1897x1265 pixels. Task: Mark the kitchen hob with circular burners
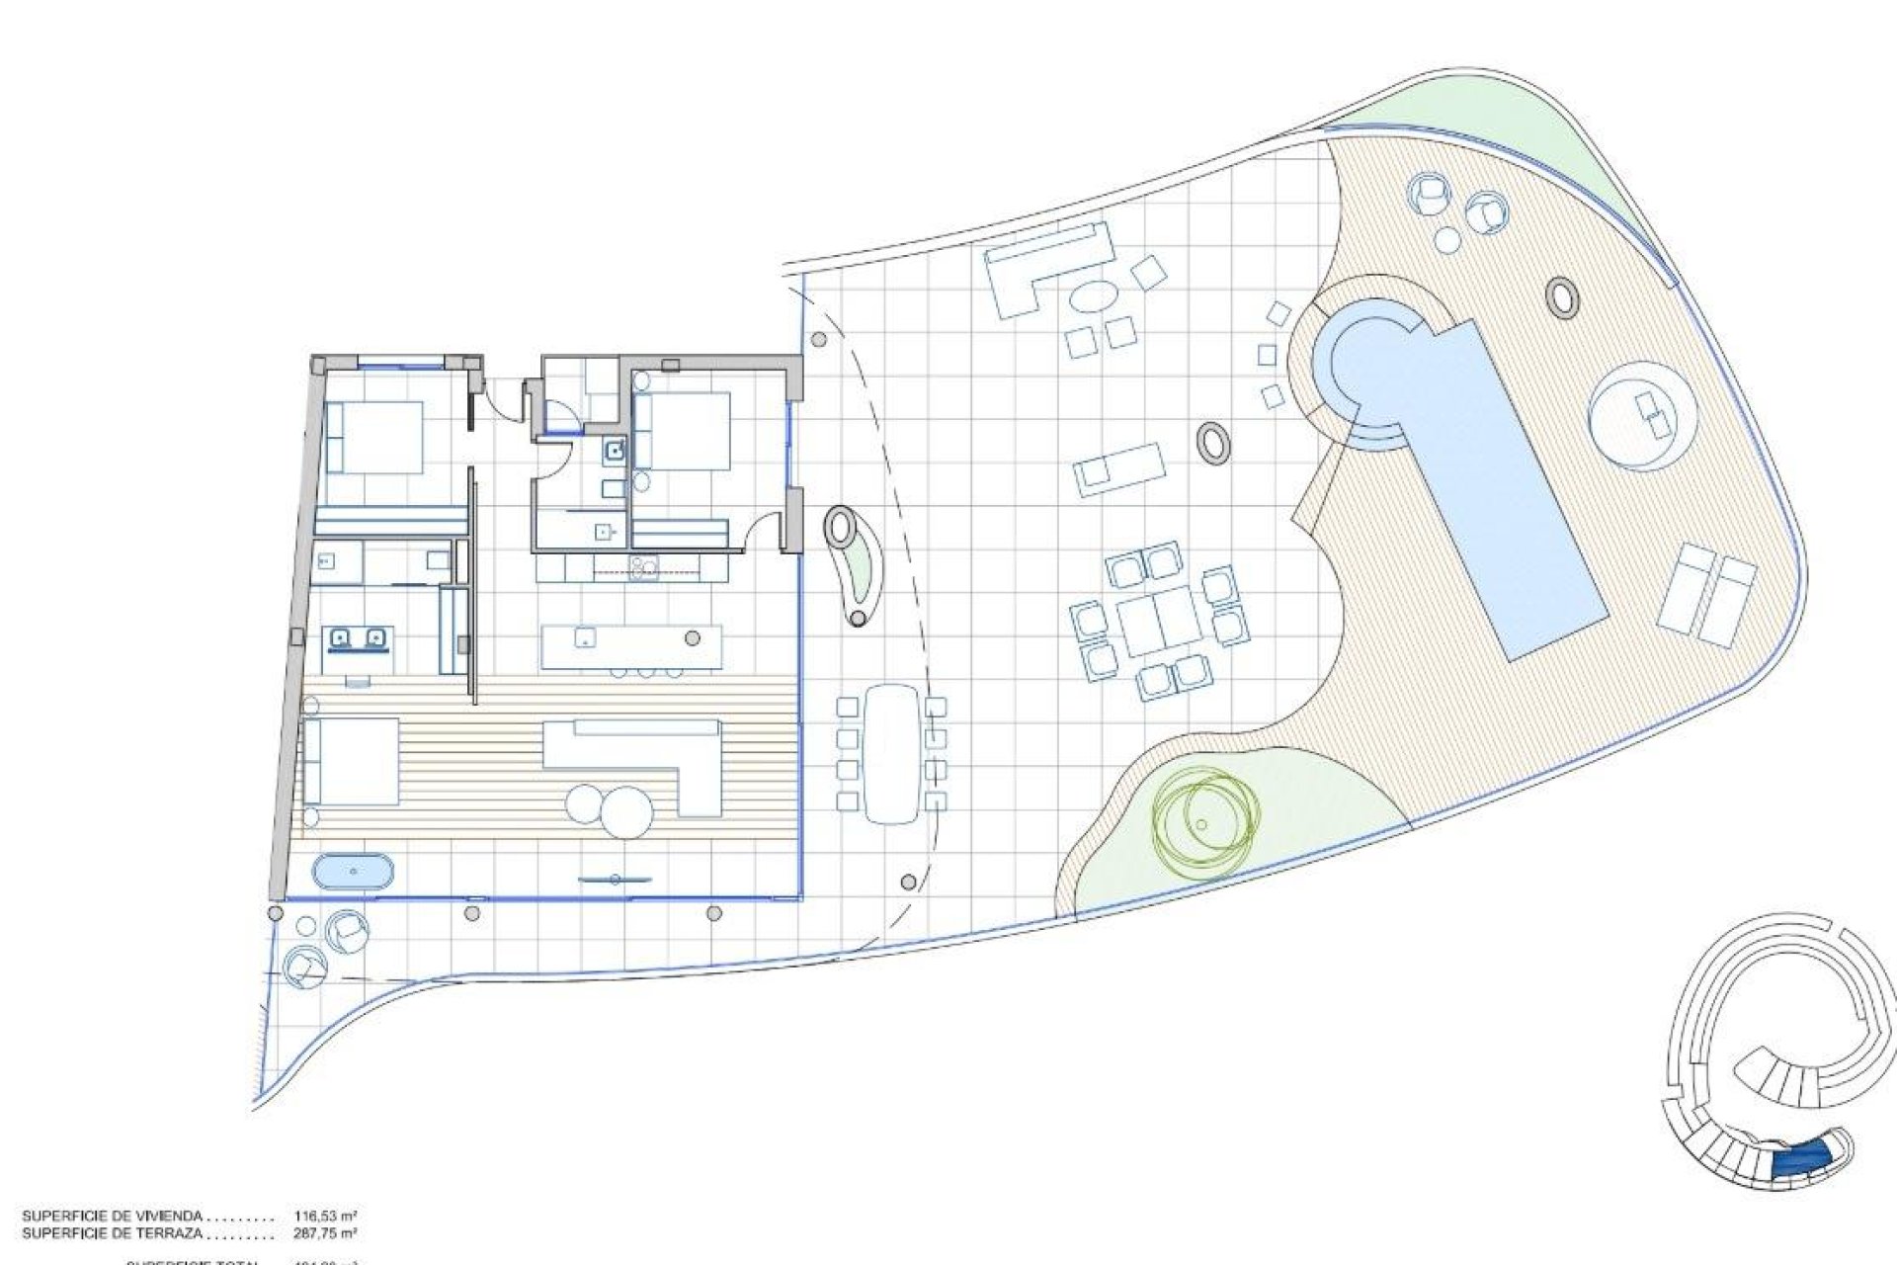point(644,566)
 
